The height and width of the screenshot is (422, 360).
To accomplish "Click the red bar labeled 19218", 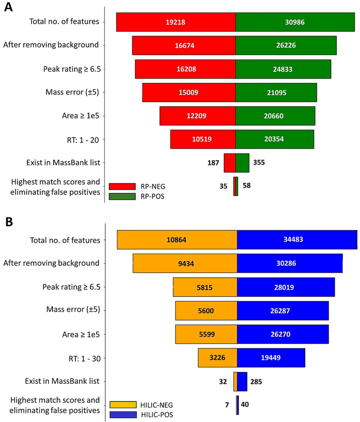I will (x=176, y=22).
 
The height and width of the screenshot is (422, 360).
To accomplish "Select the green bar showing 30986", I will (x=295, y=22).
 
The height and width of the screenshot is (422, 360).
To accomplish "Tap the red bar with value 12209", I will (x=198, y=116).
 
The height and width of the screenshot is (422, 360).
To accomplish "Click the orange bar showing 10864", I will (x=177, y=240).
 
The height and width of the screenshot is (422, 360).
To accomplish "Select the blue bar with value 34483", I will (x=297, y=240).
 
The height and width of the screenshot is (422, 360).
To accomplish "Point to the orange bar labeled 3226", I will (x=218, y=357).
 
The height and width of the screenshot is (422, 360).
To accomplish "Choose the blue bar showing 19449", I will (x=271, y=357).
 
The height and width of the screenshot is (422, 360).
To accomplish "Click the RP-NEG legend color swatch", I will (x=122, y=186).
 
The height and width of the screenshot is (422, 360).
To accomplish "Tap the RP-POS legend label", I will (x=153, y=197).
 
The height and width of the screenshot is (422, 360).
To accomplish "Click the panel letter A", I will (x=9, y=10).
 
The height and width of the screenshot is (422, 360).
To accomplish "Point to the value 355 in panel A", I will (x=259, y=162).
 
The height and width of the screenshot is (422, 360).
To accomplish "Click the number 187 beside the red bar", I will (x=213, y=162).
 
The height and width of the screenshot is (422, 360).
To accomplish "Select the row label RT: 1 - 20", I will (x=78, y=139).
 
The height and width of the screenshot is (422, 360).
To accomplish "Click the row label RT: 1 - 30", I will (x=78, y=358).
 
